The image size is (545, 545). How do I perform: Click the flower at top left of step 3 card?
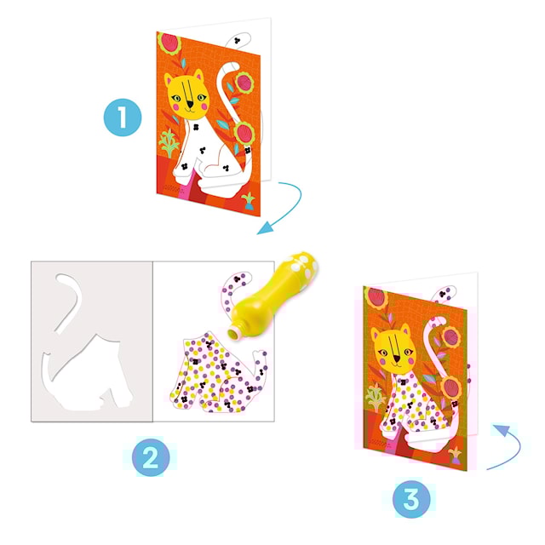point(375,297)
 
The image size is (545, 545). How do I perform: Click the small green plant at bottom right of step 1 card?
point(248,201)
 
